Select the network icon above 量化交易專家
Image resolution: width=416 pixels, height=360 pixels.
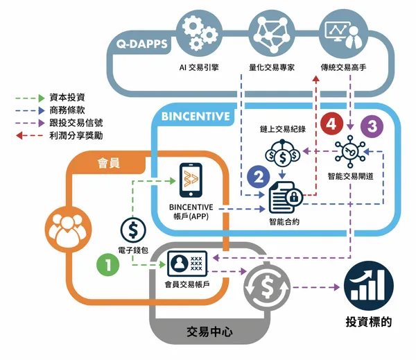pos(272,35)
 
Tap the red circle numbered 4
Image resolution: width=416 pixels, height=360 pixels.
pos(331,125)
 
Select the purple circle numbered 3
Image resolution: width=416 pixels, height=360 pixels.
pos(372,127)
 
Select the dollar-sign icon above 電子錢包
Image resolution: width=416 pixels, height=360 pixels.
pos(132,229)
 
